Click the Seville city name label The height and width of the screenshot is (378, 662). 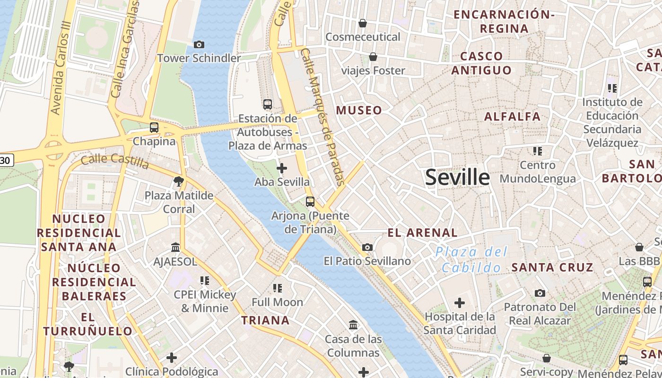457,177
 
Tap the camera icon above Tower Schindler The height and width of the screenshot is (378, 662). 199,44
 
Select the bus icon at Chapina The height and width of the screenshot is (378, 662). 154,127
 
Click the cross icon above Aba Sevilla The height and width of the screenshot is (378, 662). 282,168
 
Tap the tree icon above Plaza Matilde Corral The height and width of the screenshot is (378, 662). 178,181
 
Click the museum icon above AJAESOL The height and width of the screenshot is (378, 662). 175,247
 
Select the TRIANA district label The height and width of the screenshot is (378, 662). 265,320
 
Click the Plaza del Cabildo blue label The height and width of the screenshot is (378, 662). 471,260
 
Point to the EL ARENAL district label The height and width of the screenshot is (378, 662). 422,232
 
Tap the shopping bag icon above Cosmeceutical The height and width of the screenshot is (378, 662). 363,23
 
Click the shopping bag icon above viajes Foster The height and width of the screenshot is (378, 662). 373,57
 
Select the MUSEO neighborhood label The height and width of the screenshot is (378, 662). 359,111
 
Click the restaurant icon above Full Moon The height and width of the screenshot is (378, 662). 278,288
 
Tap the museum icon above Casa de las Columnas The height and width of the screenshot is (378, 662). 353,325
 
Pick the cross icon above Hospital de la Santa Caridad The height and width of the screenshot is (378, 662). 459,302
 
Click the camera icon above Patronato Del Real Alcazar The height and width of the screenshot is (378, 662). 540,293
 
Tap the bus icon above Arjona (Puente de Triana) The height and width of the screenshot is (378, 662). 310,202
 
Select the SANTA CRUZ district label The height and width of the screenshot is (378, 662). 552,267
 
